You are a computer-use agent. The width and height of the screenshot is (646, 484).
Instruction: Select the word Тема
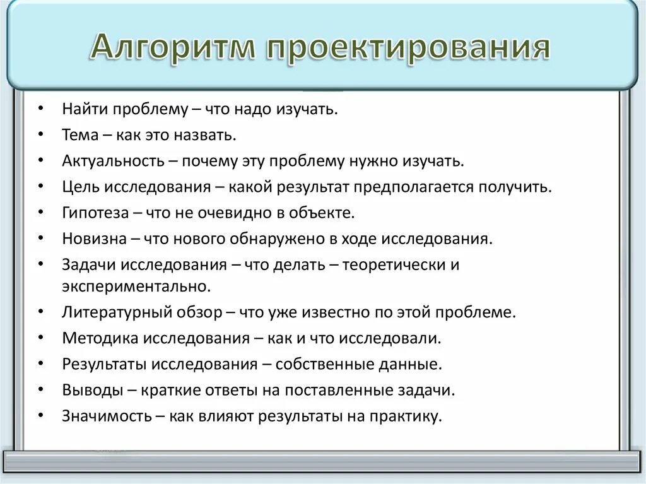click(80, 135)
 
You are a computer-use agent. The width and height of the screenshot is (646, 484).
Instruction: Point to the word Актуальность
click(112, 161)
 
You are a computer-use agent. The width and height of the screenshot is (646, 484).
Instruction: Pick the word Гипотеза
click(95, 213)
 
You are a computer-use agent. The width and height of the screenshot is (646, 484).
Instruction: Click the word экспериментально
click(135, 286)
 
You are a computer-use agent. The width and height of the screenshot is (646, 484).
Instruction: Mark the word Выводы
click(92, 390)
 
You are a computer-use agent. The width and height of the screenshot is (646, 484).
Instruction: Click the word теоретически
click(395, 264)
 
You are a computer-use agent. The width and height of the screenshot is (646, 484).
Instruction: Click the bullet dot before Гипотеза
click(40, 213)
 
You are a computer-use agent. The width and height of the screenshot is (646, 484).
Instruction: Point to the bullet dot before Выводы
click(40, 390)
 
